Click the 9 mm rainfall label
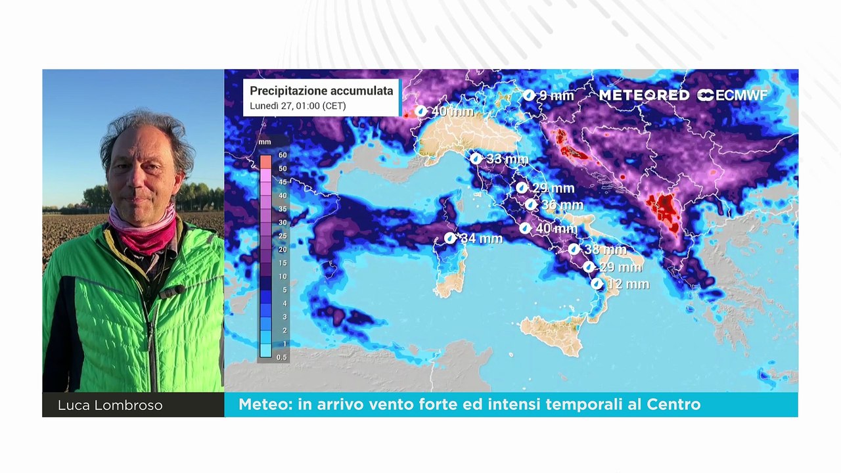556,96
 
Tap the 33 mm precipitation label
507,159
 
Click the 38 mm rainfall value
605,250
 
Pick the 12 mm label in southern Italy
628,284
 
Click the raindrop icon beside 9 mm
529,96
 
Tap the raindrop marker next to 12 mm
597,284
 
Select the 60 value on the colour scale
282,155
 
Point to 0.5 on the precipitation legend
282,357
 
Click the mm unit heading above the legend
265,142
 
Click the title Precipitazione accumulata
321,91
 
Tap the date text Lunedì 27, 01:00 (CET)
298,106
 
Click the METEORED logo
644,95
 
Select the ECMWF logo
733,95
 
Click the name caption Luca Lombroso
110,405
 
